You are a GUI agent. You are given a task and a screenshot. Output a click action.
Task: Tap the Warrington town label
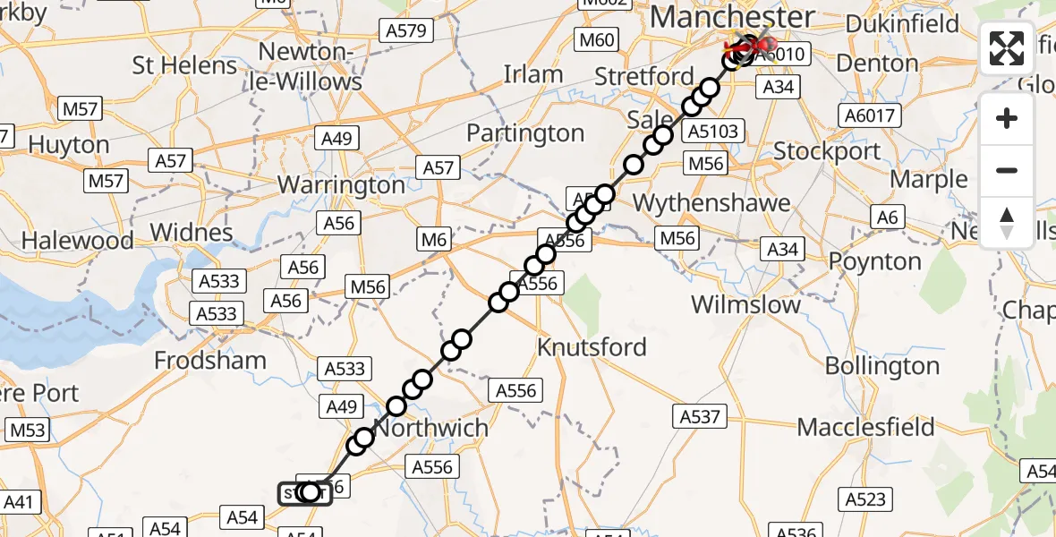pos(342,185)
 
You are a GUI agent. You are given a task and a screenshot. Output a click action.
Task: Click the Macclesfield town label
pos(865,427)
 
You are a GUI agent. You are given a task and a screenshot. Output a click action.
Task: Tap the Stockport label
pos(827,150)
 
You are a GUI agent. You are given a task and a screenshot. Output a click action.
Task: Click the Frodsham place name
pos(210,361)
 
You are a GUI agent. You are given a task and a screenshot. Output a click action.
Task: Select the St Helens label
pos(184,65)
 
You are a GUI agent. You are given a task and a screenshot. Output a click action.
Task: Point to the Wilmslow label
pos(746,304)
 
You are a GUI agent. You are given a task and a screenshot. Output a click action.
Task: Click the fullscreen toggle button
pos(1007,48)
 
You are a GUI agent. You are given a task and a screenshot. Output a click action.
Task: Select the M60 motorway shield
pos(597,39)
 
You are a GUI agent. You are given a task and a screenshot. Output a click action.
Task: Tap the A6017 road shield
pos(868,115)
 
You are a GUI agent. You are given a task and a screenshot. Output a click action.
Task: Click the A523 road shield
pos(865,499)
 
